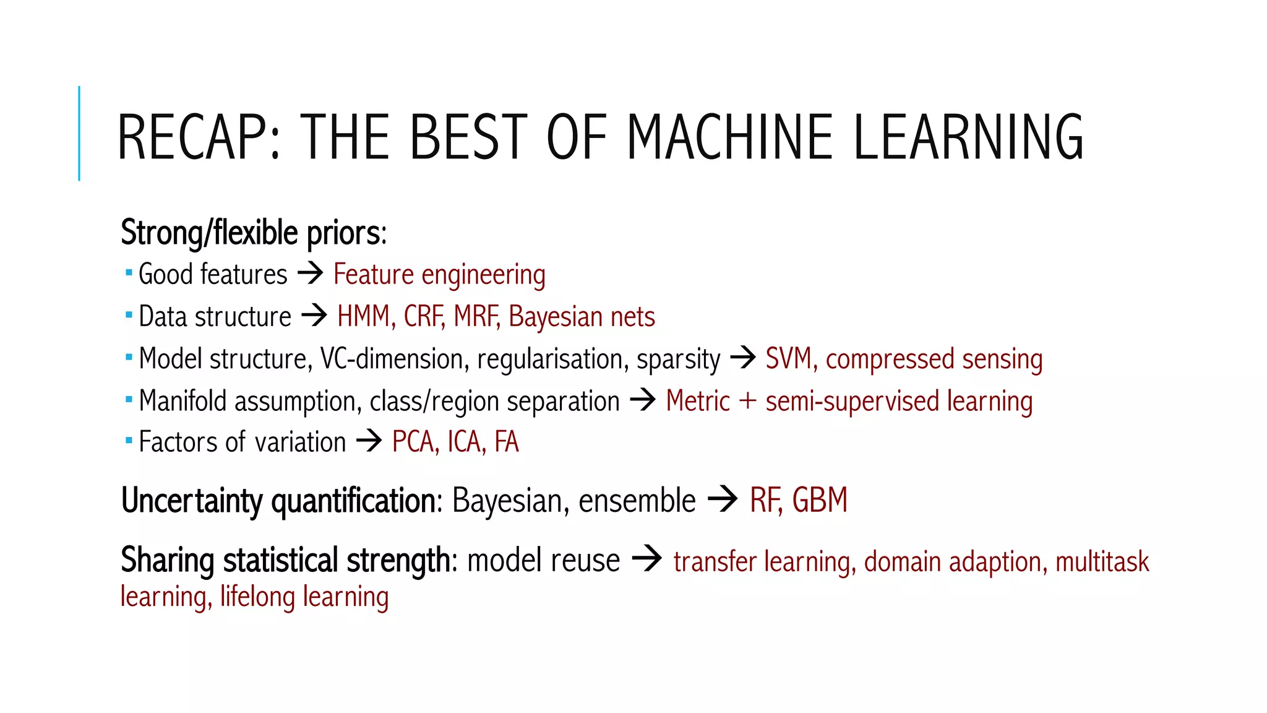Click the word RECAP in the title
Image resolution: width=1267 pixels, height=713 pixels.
[x=198, y=137]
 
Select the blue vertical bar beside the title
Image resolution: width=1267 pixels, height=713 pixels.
[x=79, y=133]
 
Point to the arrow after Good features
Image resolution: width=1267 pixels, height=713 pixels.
[x=311, y=273]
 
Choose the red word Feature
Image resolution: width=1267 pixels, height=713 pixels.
[x=373, y=274]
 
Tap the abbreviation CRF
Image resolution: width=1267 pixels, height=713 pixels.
[x=424, y=316]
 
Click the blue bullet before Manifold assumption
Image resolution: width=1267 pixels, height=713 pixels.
[x=129, y=400]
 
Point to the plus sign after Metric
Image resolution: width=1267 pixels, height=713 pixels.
[x=747, y=400]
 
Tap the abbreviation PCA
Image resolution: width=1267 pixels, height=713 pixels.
[x=415, y=442]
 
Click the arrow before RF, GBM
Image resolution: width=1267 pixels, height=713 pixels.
[x=723, y=499]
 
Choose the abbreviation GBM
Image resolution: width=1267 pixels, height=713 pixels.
[x=820, y=500]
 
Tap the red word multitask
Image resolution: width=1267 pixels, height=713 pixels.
[x=1102, y=562]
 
